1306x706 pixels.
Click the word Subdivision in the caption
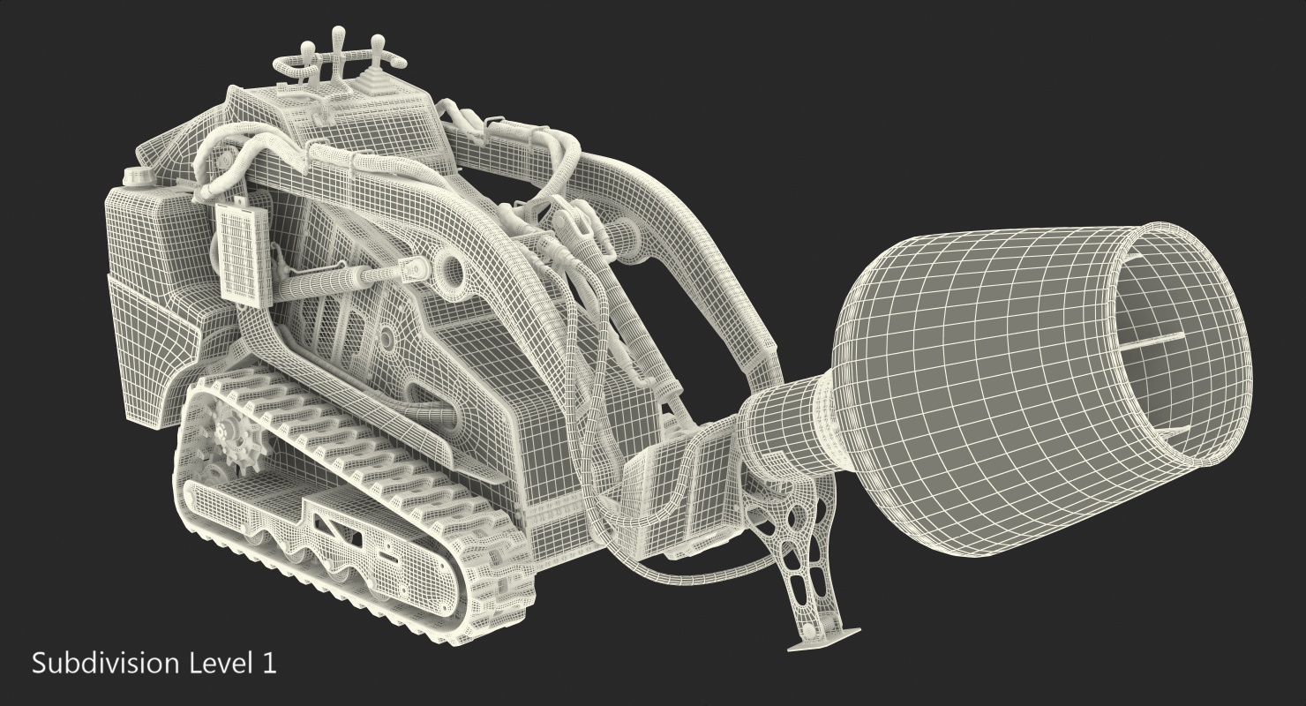click(x=105, y=664)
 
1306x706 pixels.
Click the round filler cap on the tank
click(x=134, y=175)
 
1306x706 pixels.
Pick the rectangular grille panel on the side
click(x=244, y=254)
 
